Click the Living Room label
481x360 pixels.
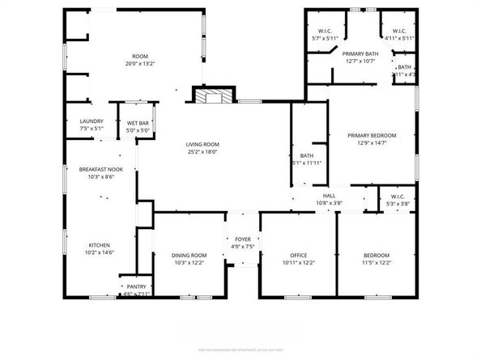[x=203, y=144]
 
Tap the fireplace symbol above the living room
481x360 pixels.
[x=211, y=95]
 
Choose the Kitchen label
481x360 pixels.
[x=100, y=244]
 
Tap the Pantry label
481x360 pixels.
[x=134, y=287]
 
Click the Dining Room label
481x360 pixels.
[x=189, y=256]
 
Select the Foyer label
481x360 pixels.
[x=243, y=239]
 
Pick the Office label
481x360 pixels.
[x=298, y=256]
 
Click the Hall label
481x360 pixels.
[x=330, y=196]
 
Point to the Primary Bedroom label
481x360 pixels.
[x=372, y=135]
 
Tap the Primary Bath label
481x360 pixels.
[x=361, y=53]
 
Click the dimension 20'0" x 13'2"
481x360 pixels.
[x=140, y=64]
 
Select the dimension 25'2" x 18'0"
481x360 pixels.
[x=203, y=151]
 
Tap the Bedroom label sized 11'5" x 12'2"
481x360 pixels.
[x=377, y=256]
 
